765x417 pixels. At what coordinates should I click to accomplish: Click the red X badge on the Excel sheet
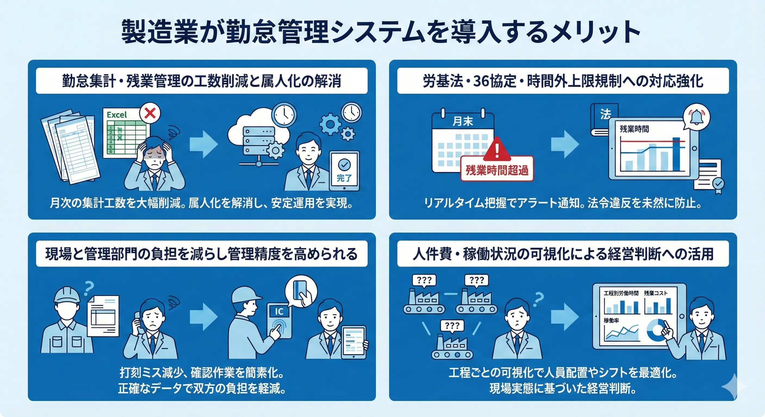(150, 113)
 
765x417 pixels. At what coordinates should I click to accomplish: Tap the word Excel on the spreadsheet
(117, 115)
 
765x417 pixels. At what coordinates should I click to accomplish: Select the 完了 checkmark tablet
(344, 171)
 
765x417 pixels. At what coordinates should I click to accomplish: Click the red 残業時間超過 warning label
(497, 170)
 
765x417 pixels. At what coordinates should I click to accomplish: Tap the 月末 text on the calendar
(463, 121)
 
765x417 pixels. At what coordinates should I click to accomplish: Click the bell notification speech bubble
(696, 117)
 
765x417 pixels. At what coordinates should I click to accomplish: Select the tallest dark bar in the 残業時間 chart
(676, 154)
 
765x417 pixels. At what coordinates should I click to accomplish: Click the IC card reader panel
(279, 321)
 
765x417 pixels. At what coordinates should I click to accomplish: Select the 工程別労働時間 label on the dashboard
(621, 293)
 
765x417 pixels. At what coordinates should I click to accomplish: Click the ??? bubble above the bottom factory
(452, 326)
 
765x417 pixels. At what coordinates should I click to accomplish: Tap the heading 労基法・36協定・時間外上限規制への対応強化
(563, 81)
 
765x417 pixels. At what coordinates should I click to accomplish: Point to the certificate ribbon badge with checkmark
(718, 184)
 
